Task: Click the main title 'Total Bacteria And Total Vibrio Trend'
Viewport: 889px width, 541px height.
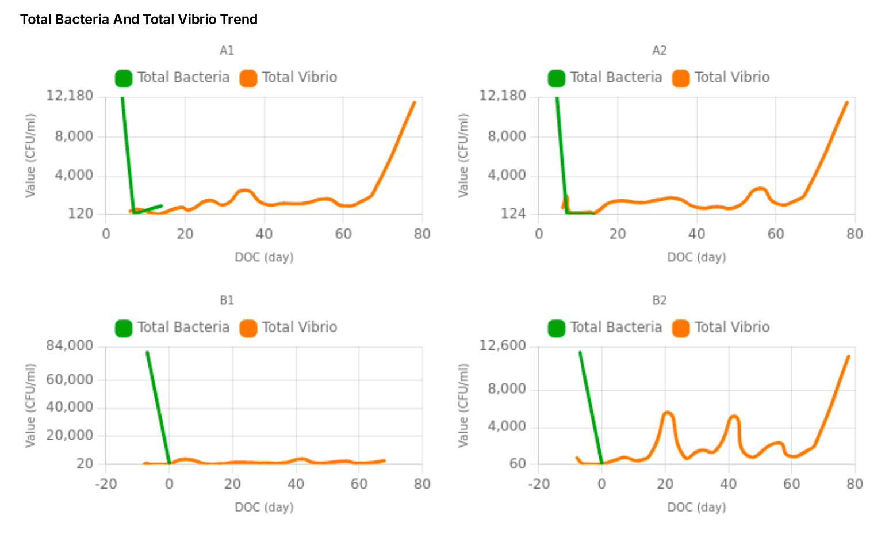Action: pos(139,20)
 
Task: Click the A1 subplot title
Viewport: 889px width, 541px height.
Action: pos(227,51)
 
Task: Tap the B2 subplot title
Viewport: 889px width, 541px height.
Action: pos(659,300)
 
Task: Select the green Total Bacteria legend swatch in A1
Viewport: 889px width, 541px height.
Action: pos(124,78)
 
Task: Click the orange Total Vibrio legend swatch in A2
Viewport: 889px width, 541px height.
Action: pos(681,78)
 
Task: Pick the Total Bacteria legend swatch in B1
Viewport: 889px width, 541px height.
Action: pos(124,327)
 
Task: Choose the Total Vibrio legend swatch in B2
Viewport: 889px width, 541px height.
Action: pos(681,327)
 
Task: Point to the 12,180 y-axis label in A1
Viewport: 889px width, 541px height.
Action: pos(70,96)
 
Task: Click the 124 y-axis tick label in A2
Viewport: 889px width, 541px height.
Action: pos(514,214)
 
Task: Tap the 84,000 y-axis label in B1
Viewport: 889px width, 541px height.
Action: pos(70,345)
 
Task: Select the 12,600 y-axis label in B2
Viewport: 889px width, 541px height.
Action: pos(503,345)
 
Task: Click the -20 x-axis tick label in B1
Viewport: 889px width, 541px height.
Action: pos(106,484)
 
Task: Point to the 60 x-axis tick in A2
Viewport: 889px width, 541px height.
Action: pos(776,234)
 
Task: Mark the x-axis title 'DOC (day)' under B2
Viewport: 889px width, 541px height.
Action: pos(696,507)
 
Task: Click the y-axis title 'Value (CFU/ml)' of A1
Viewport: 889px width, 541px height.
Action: pos(30,155)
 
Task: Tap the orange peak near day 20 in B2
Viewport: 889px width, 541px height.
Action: pos(667,413)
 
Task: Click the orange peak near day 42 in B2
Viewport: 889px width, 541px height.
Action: pos(733,416)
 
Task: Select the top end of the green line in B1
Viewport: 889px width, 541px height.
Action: pos(147,352)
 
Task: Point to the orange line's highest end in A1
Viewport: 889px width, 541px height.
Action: pos(414,102)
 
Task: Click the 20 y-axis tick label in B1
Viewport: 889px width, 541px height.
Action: pos(85,464)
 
